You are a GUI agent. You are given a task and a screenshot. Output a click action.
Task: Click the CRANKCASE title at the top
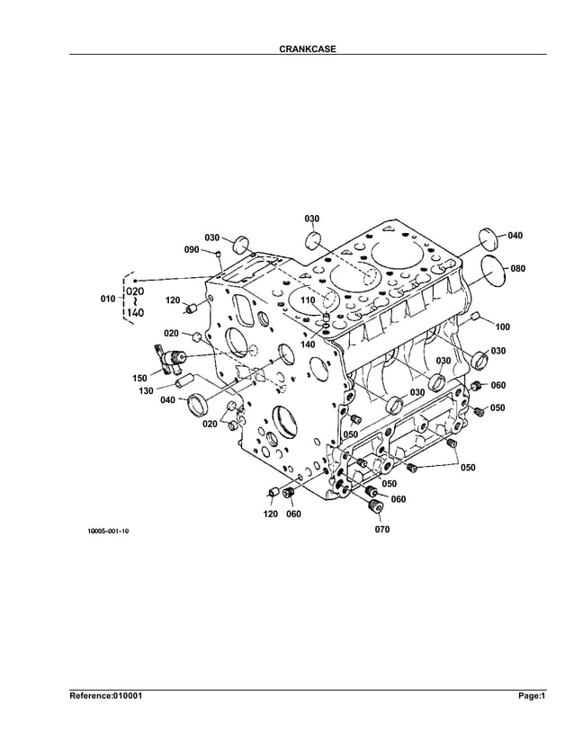tap(308, 49)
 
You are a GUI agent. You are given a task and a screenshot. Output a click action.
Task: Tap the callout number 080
tap(517, 268)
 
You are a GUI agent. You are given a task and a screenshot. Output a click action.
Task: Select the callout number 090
tap(192, 249)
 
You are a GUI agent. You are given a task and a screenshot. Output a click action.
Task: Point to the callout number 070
tap(382, 530)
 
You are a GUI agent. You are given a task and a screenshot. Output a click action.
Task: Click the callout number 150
tap(141, 378)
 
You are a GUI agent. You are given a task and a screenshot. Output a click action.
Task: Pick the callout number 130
tap(145, 390)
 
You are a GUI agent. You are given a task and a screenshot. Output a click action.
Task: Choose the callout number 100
tap(502, 327)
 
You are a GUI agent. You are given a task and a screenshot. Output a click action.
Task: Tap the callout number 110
tap(308, 300)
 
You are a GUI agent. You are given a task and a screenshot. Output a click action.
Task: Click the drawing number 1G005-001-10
tap(108, 532)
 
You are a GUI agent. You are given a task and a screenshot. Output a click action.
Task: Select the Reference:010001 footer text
tap(106, 695)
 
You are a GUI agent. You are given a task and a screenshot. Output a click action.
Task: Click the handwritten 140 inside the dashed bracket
tap(136, 312)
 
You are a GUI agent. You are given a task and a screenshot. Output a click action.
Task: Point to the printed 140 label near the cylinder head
tap(308, 345)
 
